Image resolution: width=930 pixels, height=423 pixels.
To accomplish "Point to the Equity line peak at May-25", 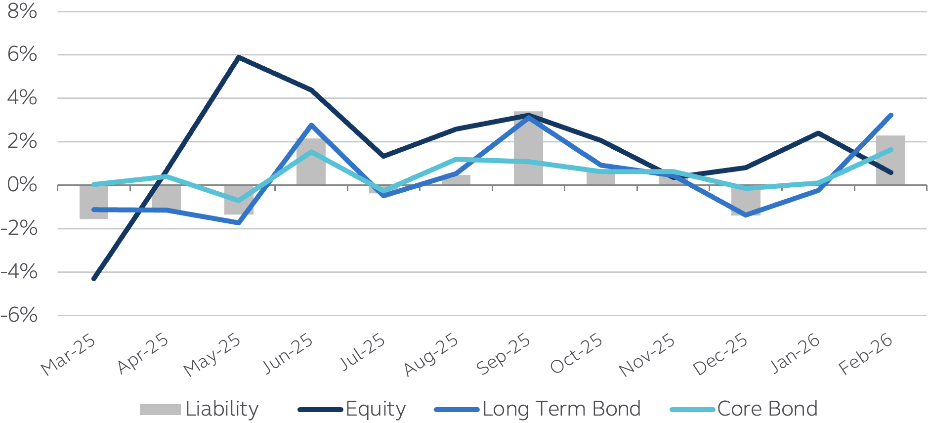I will pos(239,57).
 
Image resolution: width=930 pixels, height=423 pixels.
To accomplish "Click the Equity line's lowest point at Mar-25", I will pos(94,279).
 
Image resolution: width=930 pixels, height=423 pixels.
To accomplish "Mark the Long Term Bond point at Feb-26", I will pos(890,115).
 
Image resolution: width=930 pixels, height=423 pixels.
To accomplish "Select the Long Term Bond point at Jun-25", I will pos(311,125).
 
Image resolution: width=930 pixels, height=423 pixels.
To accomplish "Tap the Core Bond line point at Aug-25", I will pos(456,159).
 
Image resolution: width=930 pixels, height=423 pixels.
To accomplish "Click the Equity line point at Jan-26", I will pos(818,133).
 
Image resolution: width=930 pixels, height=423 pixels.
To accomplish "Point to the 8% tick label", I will pos(22,11).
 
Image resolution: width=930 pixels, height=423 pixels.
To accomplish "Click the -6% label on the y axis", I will pos(20,315).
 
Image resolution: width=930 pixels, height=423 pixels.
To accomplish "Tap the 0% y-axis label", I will pos(22,185).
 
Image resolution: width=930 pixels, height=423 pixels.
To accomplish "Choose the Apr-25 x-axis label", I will pos(143,353).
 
